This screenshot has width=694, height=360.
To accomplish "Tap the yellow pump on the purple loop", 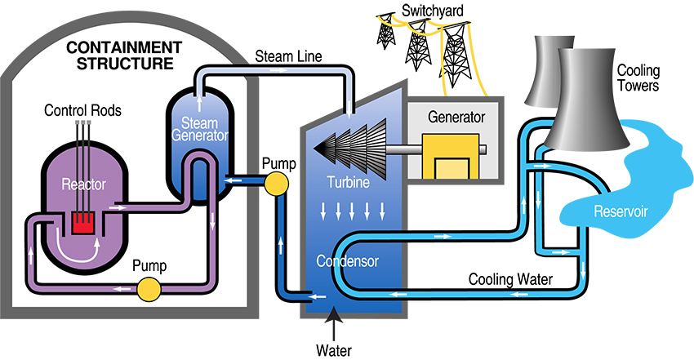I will [x=149, y=288].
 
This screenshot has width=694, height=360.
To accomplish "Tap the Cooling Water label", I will [x=511, y=279].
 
